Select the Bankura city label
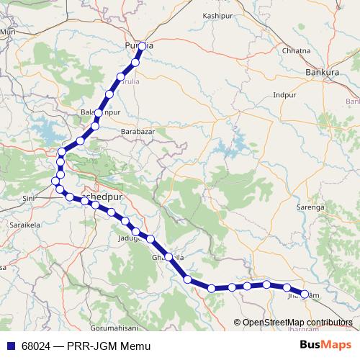322,73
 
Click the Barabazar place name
138,132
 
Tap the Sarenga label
328,207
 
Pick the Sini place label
28,197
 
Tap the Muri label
9,32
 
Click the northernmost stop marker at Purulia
142,46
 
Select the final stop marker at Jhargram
304,294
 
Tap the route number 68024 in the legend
36,346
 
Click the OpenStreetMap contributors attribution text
297,323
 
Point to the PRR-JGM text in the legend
93,346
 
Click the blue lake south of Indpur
234,150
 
